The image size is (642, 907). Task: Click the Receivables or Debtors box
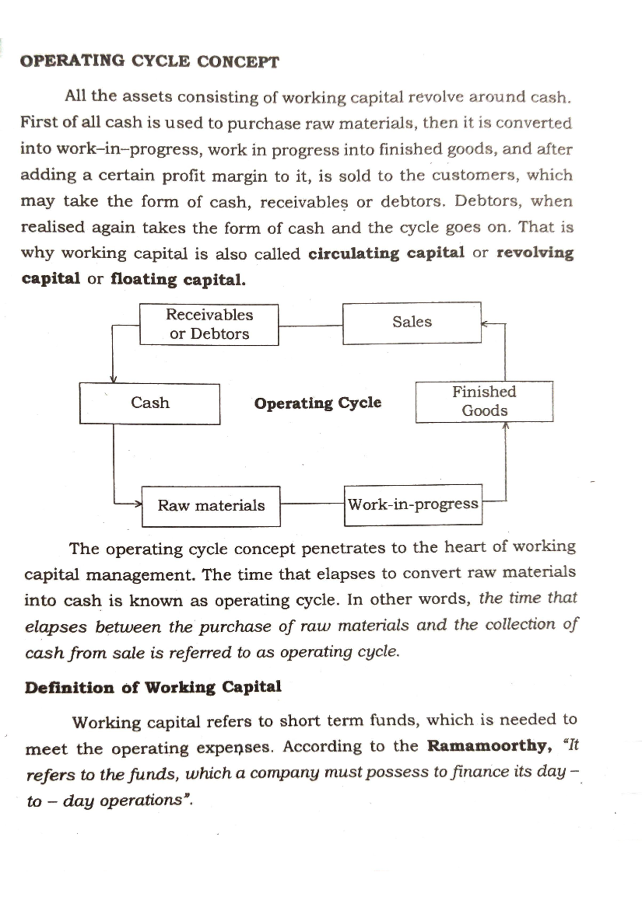pyautogui.click(x=209, y=324)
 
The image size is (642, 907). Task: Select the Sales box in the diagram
pyautogui.click(x=411, y=322)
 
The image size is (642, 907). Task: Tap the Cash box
pyautogui.click(x=150, y=404)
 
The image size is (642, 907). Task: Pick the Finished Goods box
pyautogui.click(x=484, y=401)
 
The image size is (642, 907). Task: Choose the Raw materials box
pyautogui.click(x=211, y=506)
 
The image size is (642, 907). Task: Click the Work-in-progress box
pyautogui.click(x=413, y=505)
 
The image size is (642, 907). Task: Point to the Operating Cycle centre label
pyautogui.click(x=318, y=403)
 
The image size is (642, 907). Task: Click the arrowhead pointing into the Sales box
pyautogui.click(x=484, y=323)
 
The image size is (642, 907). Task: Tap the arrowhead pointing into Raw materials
pyautogui.click(x=138, y=503)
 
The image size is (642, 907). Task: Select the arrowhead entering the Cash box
pyautogui.click(x=113, y=379)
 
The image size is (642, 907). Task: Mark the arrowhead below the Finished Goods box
pyautogui.click(x=506, y=426)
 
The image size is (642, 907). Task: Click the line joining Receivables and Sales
pyautogui.click(x=310, y=325)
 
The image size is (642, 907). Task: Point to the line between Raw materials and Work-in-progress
pyautogui.click(x=312, y=503)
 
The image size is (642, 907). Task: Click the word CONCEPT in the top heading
pyautogui.click(x=238, y=62)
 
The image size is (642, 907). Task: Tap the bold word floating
pyautogui.click(x=143, y=279)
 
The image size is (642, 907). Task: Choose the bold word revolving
pyautogui.click(x=535, y=253)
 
